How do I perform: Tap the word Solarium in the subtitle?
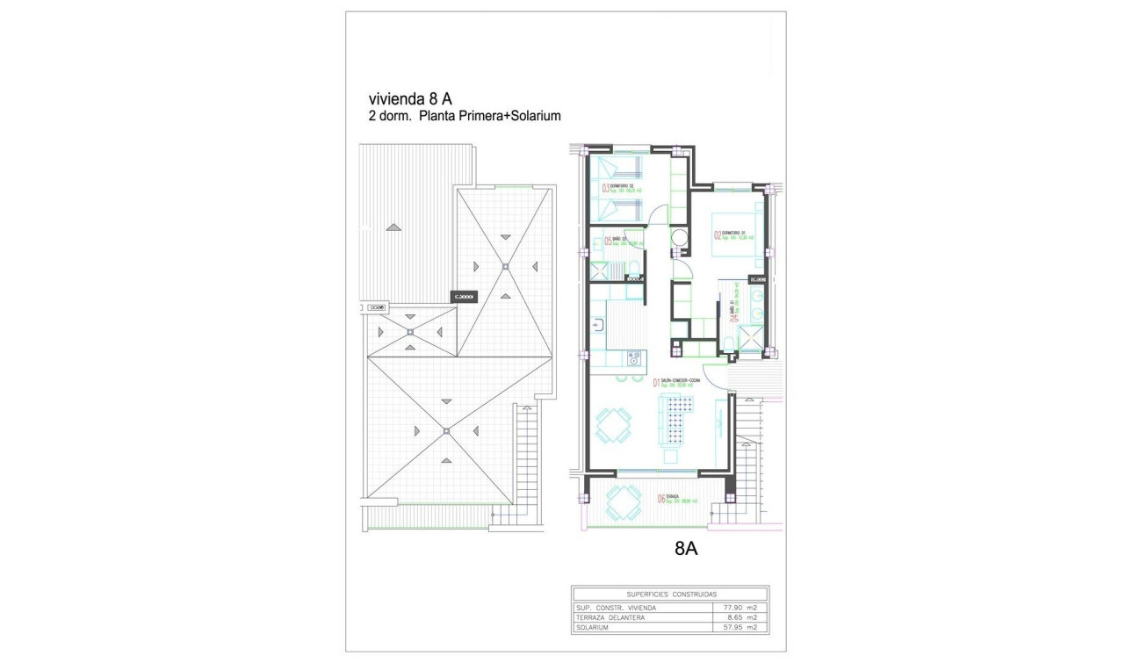tap(530, 116)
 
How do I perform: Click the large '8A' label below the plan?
tap(686, 550)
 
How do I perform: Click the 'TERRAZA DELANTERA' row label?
tap(611, 617)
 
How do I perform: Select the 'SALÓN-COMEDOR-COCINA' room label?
tap(682, 380)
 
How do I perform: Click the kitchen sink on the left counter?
tap(597, 326)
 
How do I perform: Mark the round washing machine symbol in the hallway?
tap(680, 238)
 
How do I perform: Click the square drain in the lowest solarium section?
tap(445, 430)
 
